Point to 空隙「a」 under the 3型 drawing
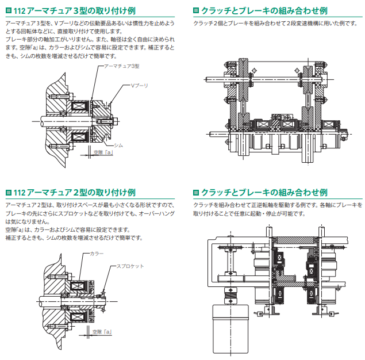(x=102, y=153)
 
